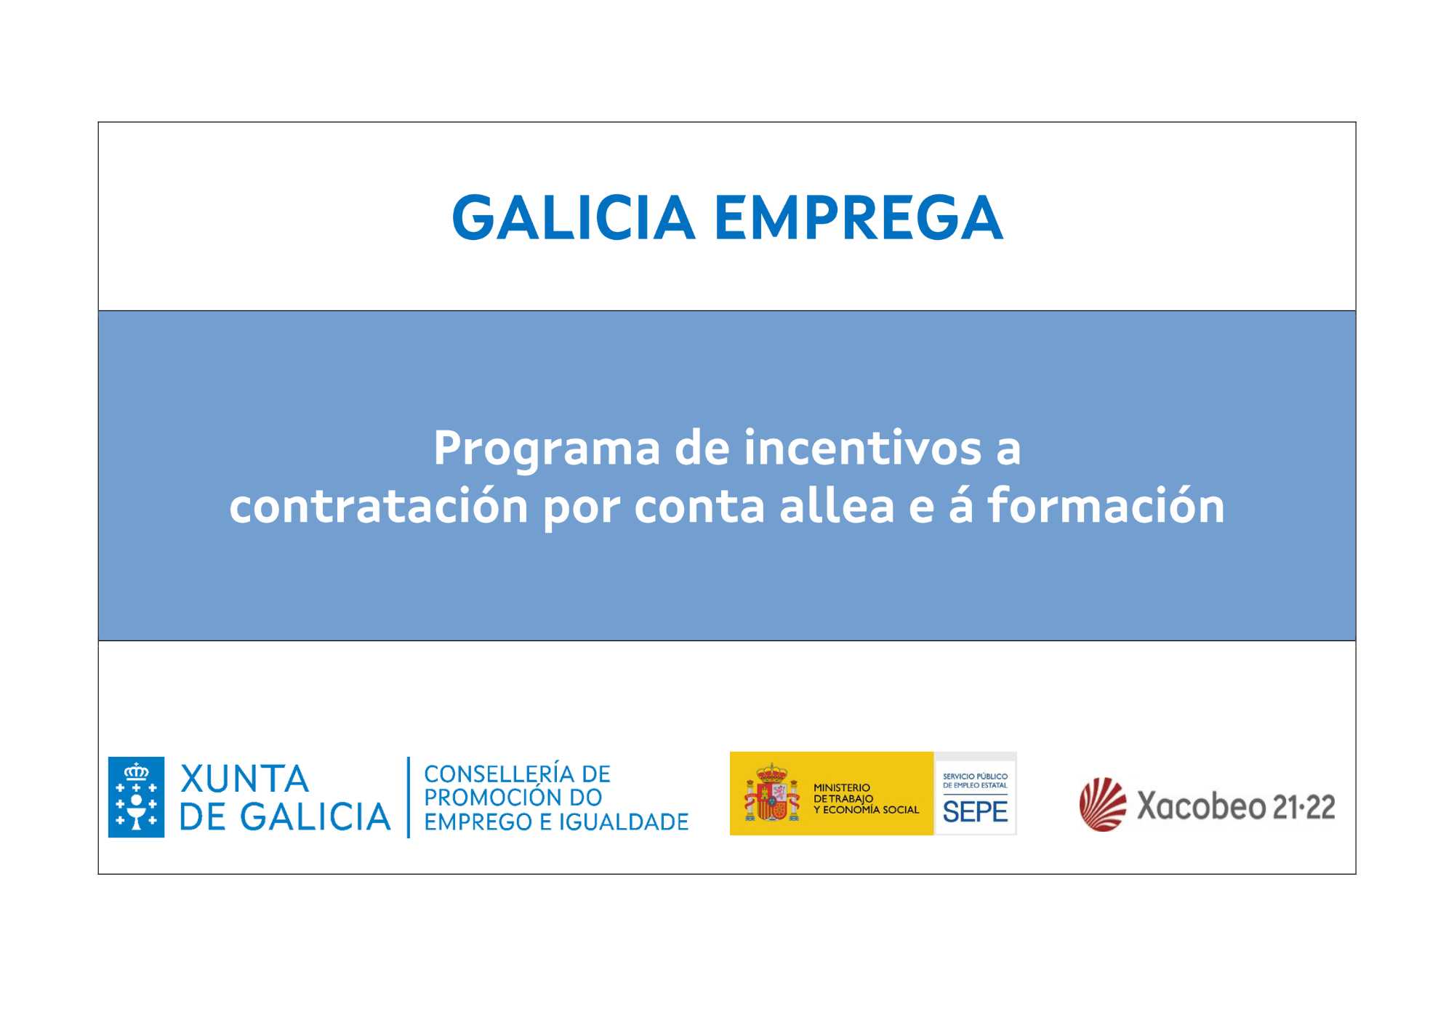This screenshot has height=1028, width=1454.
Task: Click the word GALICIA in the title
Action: pos(574,217)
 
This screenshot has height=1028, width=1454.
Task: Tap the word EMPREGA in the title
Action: pos(859,217)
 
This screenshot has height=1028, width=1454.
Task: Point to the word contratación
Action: pos(379,506)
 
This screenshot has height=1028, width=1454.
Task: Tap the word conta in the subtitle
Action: pos(699,507)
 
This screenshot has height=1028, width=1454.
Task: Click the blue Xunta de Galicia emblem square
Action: pos(136,797)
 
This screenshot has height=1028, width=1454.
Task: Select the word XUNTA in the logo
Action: pos(244,779)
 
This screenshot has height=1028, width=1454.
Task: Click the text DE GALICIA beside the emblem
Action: pos(285,816)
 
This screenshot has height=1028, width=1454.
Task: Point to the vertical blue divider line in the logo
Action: pos(409,798)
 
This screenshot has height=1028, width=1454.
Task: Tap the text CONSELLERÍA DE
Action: pos(517,774)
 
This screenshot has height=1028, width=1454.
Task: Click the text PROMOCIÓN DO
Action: pos(513,798)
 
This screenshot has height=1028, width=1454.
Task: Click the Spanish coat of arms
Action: pos(771,793)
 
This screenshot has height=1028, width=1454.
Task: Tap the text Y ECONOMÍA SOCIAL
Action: pos(866,810)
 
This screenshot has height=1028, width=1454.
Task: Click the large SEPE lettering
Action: pos(975,811)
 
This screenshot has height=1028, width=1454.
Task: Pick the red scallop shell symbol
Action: pos(1103,804)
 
